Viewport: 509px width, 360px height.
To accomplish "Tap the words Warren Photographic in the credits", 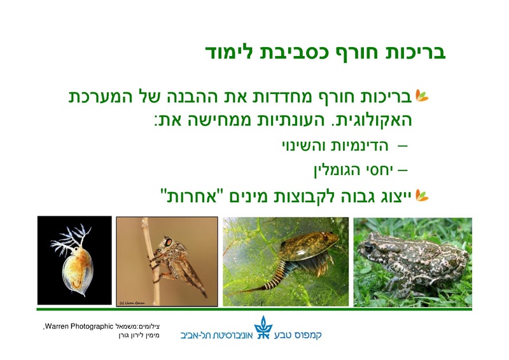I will coord(71,326).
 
